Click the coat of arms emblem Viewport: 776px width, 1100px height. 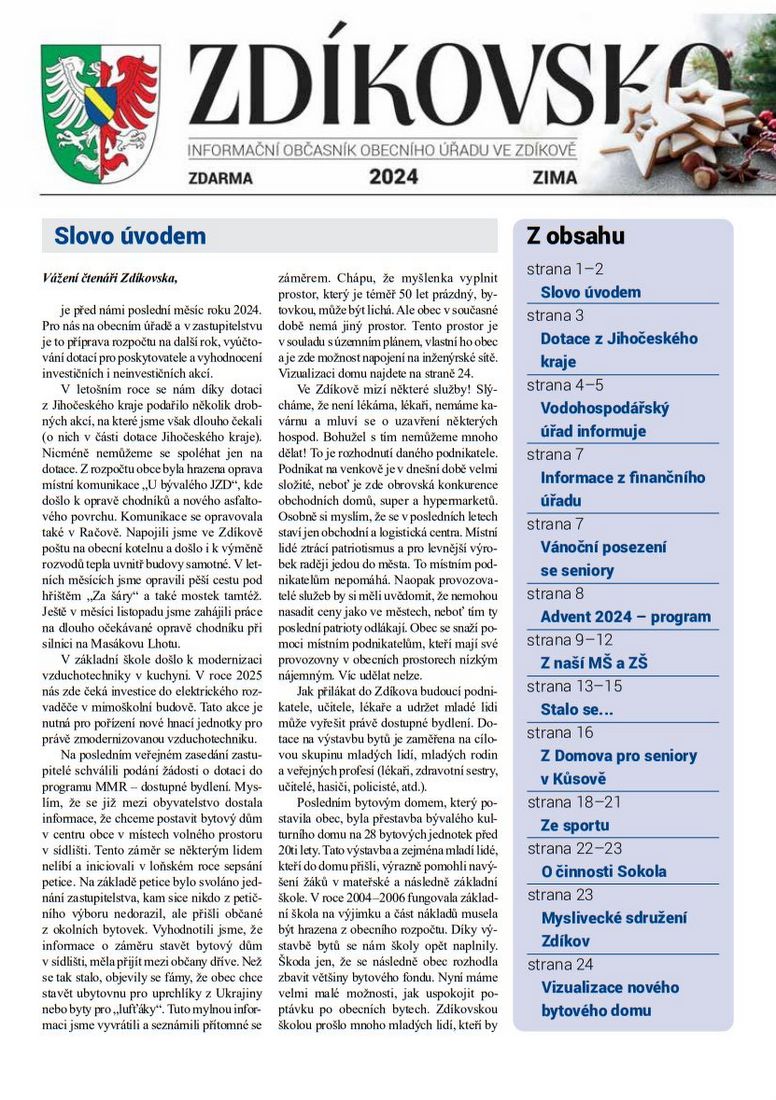tap(100, 111)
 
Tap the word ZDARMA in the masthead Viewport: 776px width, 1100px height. tap(220, 178)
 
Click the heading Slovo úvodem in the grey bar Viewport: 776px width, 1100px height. tap(130, 236)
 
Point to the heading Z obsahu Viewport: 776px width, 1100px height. tap(576, 236)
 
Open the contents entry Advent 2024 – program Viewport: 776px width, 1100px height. tap(625, 617)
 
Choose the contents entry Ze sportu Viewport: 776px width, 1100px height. tap(574, 825)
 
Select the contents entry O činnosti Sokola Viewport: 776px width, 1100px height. tap(603, 872)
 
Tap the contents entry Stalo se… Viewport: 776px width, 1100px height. tap(577, 709)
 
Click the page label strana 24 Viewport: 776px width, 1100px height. tap(560, 964)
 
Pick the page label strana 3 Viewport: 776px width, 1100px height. tap(556, 316)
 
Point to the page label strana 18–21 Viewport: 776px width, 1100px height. tap(574, 802)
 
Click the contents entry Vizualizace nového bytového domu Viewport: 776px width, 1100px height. tap(610, 999)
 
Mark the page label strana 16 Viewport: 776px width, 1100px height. tap(560, 732)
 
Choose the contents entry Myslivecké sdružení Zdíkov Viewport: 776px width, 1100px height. tap(614, 929)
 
